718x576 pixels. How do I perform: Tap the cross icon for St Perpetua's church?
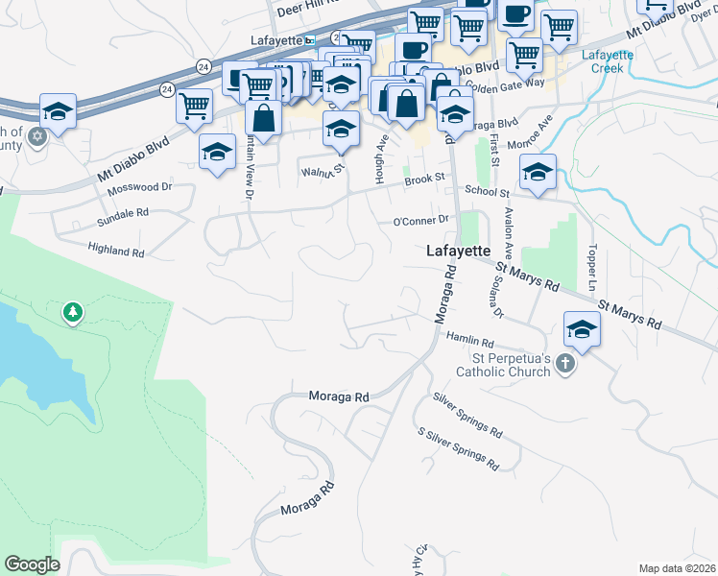(565, 364)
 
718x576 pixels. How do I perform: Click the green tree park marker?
(72, 312)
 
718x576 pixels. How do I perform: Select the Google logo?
(32, 564)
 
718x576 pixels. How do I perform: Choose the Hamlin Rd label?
(469, 339)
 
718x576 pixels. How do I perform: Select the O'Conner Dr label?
(421, 221)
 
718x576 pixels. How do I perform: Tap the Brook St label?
(425, 179)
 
